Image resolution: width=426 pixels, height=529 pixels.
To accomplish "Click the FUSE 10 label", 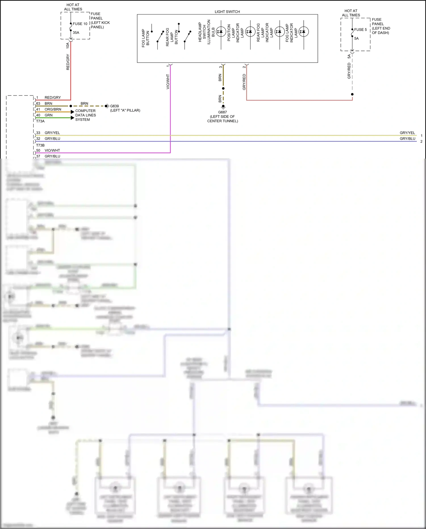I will pyautogui.click(x=80, y=24).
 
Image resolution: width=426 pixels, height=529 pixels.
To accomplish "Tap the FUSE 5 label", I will pyautogui.click(x=360, y=30).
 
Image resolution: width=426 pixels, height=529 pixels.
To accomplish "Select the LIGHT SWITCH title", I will pyautogui.click(x=227, y=12).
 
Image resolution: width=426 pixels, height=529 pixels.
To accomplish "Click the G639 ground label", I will pyautogui.click(x=114, y=106).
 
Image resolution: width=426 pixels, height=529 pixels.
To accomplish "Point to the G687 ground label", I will pyautogui.click(x=222, y=112).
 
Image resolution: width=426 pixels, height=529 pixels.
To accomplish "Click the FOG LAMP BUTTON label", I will pyautogui.click(x=145, y=38).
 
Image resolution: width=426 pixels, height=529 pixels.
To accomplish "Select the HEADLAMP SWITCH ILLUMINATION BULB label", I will pyautogui.click(x=206, y=32).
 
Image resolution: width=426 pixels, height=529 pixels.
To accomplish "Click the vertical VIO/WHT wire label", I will pyautogui.click(x=168, y=82).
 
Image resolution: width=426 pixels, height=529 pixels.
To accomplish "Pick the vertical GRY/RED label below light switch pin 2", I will pyautogui.click(x=244, y=82).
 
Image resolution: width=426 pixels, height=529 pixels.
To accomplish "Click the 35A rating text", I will pyautogui.click(x=76, y=33).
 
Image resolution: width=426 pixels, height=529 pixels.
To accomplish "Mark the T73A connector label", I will pyautogui.click(x=40, y=121).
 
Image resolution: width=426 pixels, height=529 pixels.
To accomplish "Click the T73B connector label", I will pyautogui.click(x=40, y=145).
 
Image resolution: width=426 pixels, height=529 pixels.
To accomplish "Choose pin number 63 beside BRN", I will pyautogui.click(x=38, y=103).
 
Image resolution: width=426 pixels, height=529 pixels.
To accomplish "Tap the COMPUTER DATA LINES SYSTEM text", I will pyautogui.click(x=85, y=115).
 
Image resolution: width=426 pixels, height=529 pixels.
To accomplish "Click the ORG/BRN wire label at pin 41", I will pyautogui.click(x=53, y=109).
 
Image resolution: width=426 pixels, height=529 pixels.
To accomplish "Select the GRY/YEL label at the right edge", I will pyautogui.click(x=407, y=133).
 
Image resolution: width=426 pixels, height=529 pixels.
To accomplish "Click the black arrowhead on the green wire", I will pyautogui.click(x=72, y=118).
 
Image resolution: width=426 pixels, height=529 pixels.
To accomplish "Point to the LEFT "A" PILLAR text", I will pyautogui.click(x=125, y=110).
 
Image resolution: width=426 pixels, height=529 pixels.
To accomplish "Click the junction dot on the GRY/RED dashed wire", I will pyautogui.click(x=352, y=94).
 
